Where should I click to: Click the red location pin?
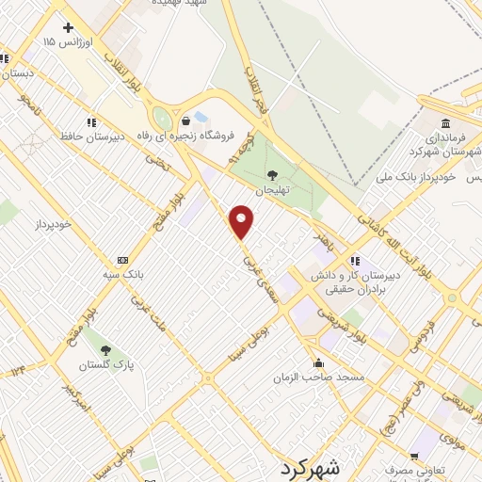tap(242, 221)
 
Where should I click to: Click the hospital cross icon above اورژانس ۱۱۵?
tap(68, 27)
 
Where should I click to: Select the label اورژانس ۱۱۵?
tap(64, 42)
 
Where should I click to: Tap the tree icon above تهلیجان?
tap(272, 174)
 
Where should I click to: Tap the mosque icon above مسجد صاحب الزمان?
tap(319, 362)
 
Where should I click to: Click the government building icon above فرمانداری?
tap(444, 122)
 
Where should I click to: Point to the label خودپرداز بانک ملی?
tap(415, 176)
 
